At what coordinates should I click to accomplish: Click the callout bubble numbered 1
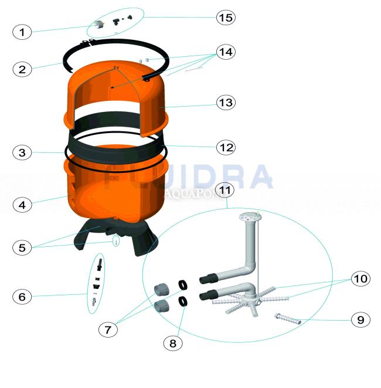[x=22, y=32]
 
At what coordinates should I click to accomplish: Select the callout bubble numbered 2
[x=22, y=69]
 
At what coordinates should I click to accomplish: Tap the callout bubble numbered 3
[x=22, y=153]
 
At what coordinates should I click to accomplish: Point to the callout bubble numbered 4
[x=22, y=205]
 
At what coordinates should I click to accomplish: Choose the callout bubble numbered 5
[x=22, y=247]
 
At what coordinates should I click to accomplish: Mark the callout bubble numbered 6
[x=22, y=297]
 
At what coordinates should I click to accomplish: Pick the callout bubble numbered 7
[x=108, y=329]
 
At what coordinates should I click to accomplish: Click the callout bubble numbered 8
[x=172, y=343]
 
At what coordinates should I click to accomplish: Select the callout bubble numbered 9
[x=360, y=319]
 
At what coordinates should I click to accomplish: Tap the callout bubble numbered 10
[x=360, y=278]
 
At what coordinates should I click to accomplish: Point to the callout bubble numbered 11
[x=226, y=189]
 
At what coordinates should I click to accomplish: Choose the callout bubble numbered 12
[x=226, y=147]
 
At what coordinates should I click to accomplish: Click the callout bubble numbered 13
[x=226, y=103]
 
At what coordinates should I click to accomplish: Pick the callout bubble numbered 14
[x=226, y=52]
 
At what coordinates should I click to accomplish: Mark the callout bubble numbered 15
[x=226, y=18]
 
